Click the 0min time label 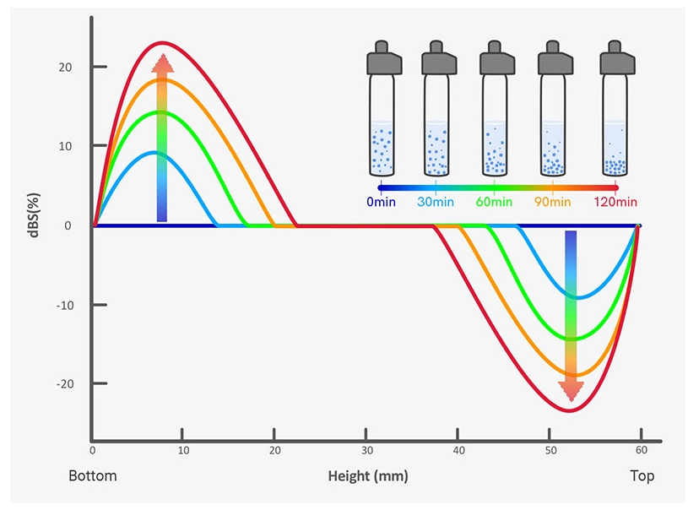pyautogui.click(x=381, y=202)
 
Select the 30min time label pyautogui.click(x=435, y=202)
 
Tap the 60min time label pyautogui.click(x=493, y=202)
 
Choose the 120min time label pyautogui.click(x=615, y=202)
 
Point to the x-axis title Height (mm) pyautogui.click(x=367, y=476)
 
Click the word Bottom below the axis pyautogui.click(x=93, y=476)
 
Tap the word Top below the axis pyautogui.click(x=642, y=476)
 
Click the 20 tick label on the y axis pyautogui.click(x=76, y=68)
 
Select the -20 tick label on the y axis pyautogui.click(x=73, y=384)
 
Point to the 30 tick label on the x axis pyautogui.click(x=367, y=451)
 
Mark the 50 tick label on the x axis pyautogui.click(x=550, y=451)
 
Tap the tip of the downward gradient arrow pyautogui.click(x=572, y=399)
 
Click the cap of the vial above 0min pyautogui.click(x=382, y=58)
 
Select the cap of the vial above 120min pyautogui.click(x=615, y=58)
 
